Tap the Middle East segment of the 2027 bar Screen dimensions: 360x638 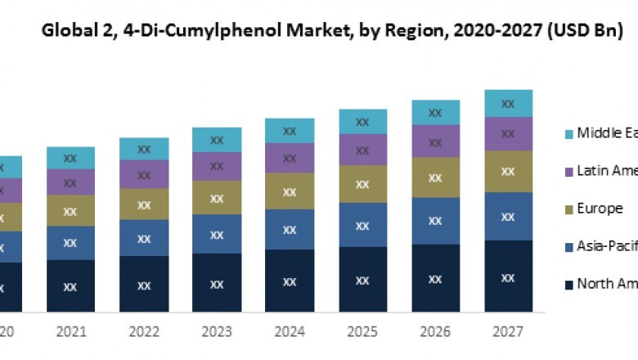(x=508, y=104)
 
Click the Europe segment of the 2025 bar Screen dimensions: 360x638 (x=362, y=184)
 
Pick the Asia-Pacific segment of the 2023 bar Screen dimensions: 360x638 (x=217, y=234)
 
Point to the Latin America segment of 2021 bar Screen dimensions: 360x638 (x=71, y=182)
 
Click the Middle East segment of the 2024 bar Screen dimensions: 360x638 (x=290, y=131)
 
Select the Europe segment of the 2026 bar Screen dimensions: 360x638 (x=435, y=177)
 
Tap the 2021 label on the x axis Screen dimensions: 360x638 (x=71, y=333)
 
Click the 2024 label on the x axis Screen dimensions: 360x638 (x=290, y=333)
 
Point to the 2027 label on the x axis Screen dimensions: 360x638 (x=508, y=333)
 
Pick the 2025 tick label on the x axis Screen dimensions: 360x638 (x=362, y=333)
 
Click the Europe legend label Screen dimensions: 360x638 (x=600, y=209)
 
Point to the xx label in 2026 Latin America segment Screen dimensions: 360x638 (x=435, y=141)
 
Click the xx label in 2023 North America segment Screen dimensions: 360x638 (x=217, y=284)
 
